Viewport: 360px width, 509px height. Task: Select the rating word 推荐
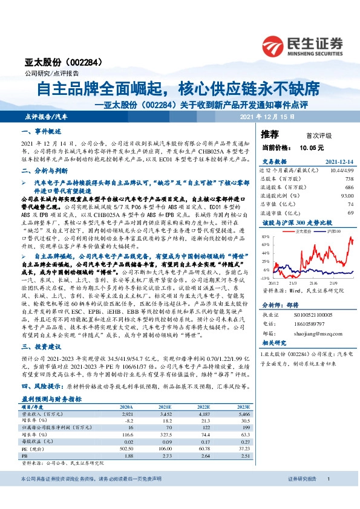[x=270, y=134]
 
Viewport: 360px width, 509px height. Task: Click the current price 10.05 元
[x=312, y=147]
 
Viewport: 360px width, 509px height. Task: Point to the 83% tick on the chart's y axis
[x=265, y=238]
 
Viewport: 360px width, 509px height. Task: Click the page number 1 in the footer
[x=327, y=496]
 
